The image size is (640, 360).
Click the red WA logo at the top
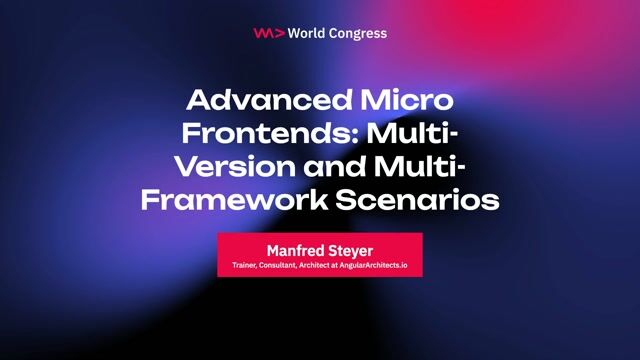pyautogui.click(x=269, y=33)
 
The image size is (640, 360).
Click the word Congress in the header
pyautogui.click(x=357, y=33)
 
